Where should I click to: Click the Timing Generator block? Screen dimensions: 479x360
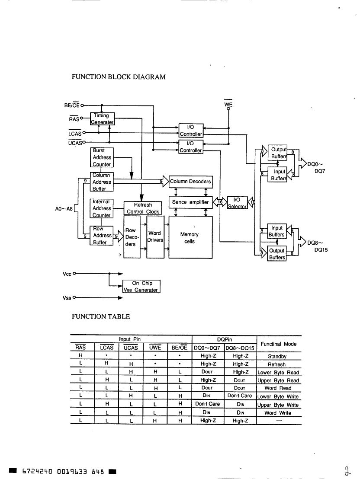(x=102, y=119)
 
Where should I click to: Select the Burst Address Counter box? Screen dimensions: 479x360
(x=102, y=157)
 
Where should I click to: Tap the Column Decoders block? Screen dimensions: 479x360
(x=190, y=182)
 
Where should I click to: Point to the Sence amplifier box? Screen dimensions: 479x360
(x=190, y=202)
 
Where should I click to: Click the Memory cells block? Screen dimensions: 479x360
(x=190, y=237)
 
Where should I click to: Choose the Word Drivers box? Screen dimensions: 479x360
(x=155, y=237)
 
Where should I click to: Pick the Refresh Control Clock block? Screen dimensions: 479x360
(x=143, y=208)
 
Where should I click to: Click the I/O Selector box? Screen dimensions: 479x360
(x=237, y=203)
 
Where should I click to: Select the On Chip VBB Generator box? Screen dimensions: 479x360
(x=141, y=287)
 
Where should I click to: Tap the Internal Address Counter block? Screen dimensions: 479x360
(x=102, y=208)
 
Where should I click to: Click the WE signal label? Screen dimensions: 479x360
(x=228, y=104)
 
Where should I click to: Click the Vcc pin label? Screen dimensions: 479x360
(x=67, y=274)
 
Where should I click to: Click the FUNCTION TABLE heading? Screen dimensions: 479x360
(x=101, y=316)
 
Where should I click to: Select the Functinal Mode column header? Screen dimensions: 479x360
(x=279, y=344)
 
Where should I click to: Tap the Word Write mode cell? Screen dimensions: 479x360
(x=278, y=412)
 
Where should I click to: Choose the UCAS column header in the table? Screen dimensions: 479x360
(x=131, y=347)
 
